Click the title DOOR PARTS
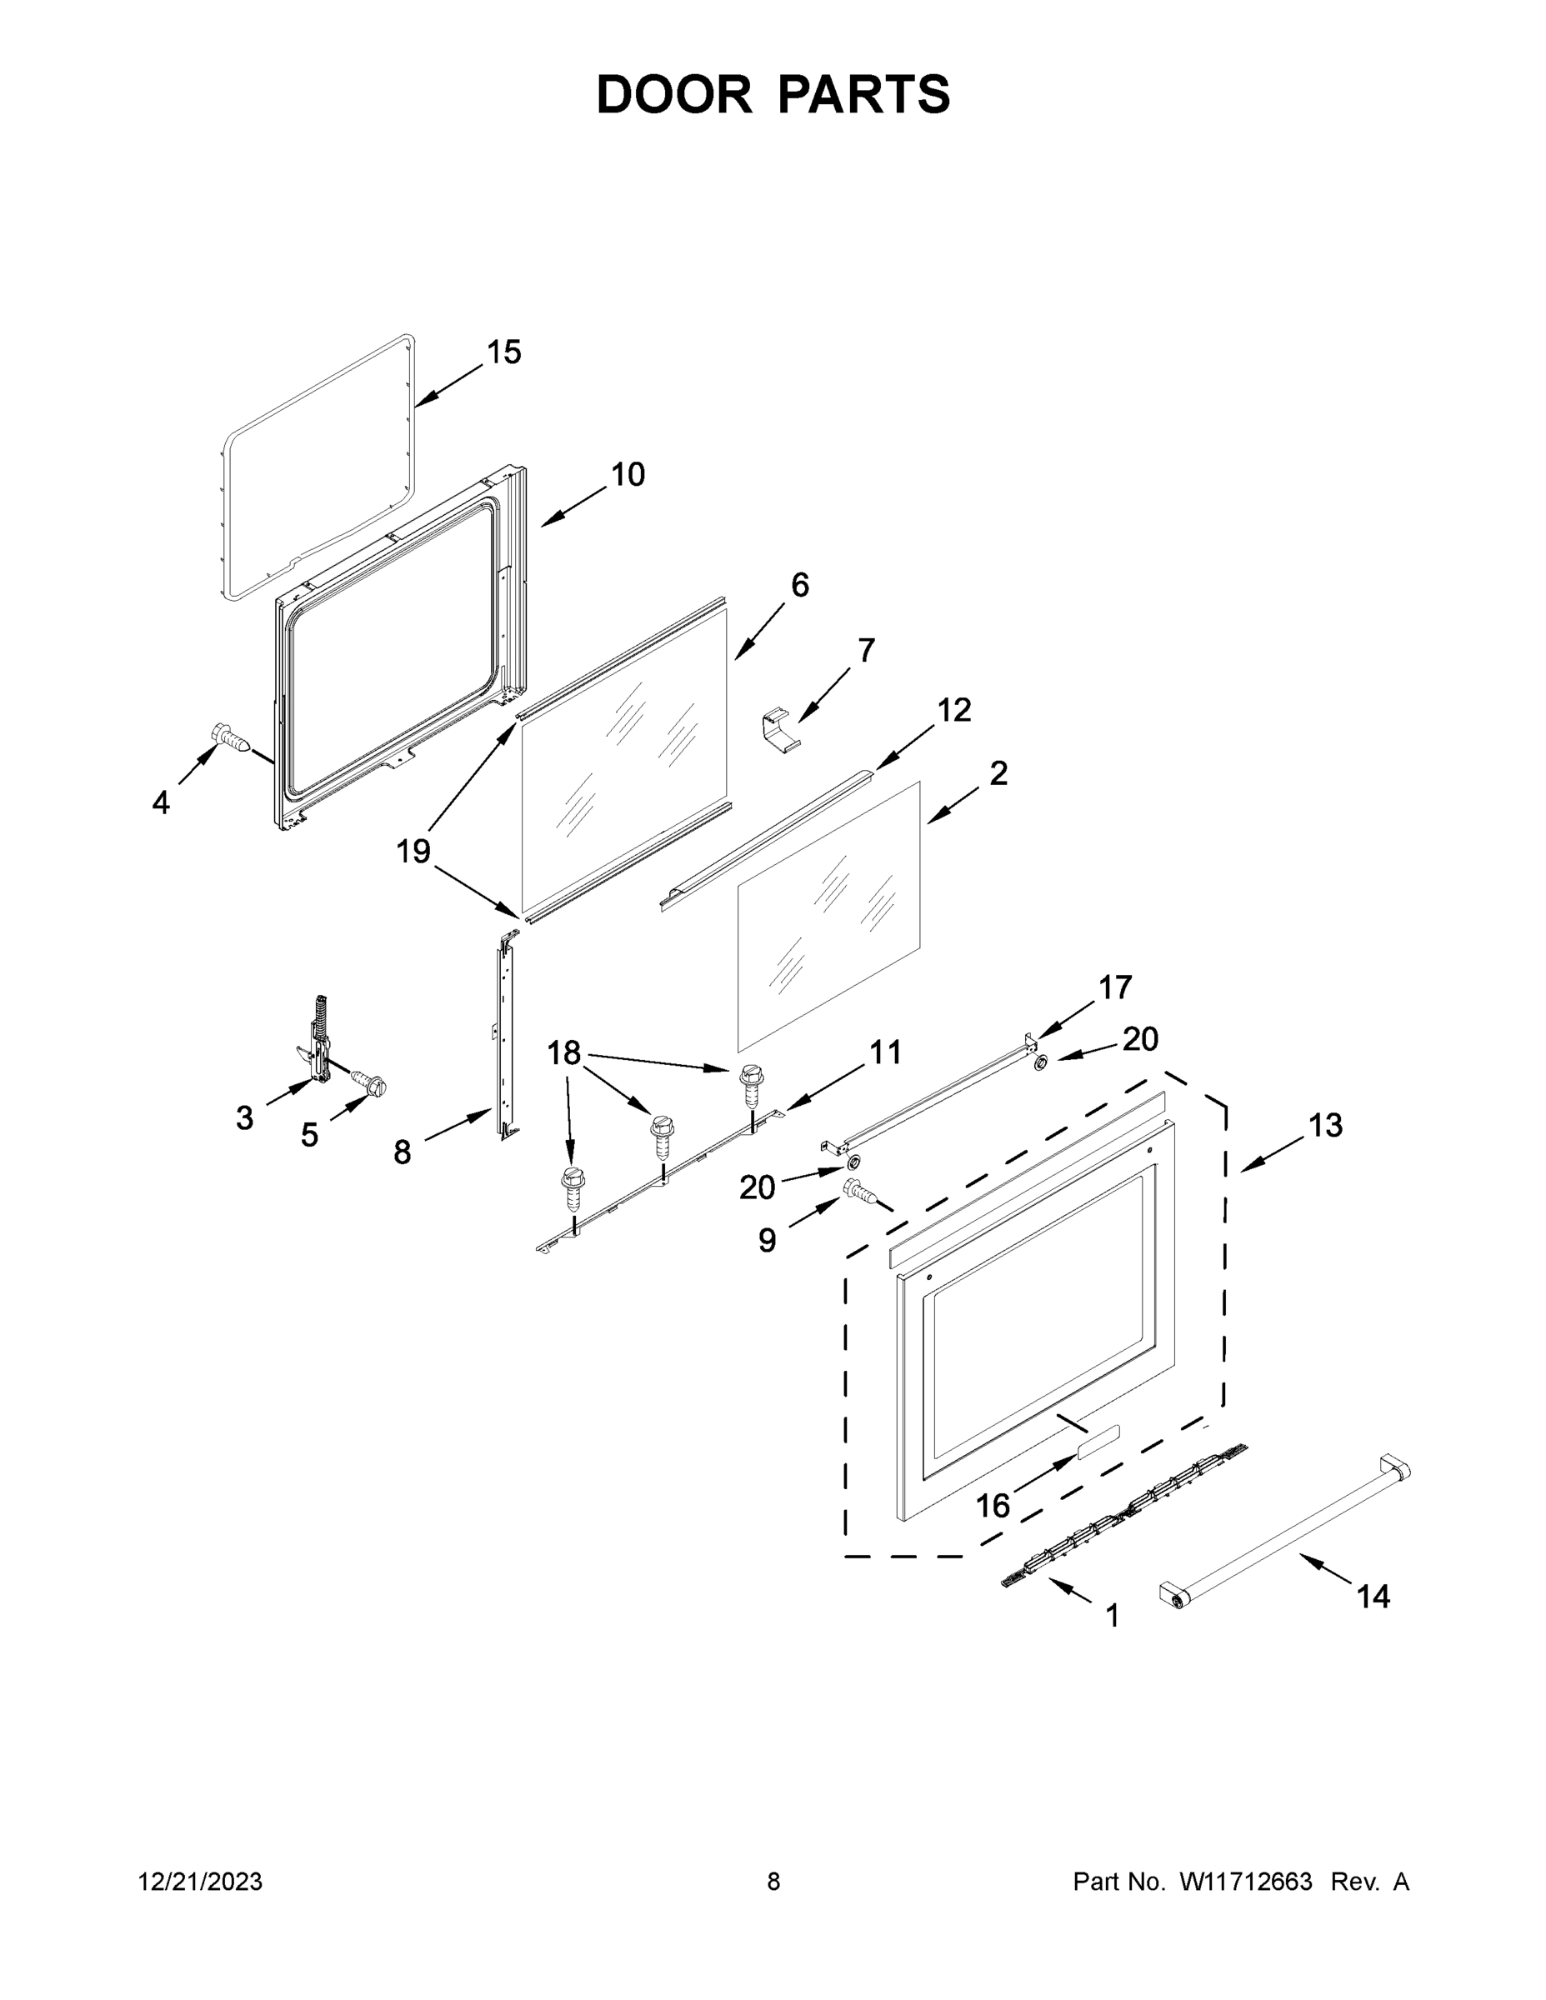pyautogui.click(x=773, y=94)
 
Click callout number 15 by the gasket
pyautogui.click(x=503, y=352)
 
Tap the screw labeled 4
pyautogui.click(x=230, y=737)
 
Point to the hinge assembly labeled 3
pyautogui.click(x=317, y=1044)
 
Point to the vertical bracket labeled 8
pyautogui.click(x=506, y=1035)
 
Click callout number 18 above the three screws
pyautogui.click(x=563, y=1053)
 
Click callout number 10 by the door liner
pyautogui.click(x=628, y=474)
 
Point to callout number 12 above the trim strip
pyautogui.click(x=953, y=709)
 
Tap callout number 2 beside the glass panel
pyautogui.click(x=998, y=772)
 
